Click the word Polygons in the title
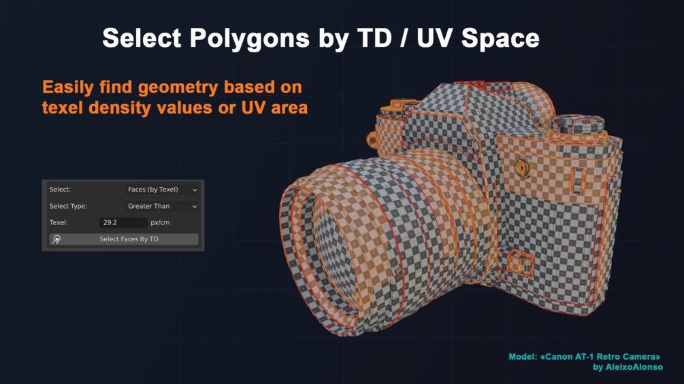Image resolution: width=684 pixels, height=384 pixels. [x=250, y=38]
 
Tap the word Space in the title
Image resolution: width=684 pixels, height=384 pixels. [x=500, y=38]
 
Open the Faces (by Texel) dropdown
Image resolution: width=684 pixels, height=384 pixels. [x=161, y=190]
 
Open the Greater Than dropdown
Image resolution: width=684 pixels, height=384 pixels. [x=161, y=206]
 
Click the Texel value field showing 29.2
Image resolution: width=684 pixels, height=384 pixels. [x=123, y=222]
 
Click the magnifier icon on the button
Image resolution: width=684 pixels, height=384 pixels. [x=56, y=239]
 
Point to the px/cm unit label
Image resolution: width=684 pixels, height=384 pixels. [x=160, y=222]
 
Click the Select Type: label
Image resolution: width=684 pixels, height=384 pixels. [x=68, y=206]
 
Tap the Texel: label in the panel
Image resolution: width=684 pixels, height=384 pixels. [x=59, y=222]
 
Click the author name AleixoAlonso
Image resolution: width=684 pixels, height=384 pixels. [x=634, y=367]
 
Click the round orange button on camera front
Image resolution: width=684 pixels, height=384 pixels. [x=522, y=167]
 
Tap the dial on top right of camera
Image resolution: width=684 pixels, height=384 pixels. [x=578, y=124]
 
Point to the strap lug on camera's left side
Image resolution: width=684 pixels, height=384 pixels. [x=372, y=140]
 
